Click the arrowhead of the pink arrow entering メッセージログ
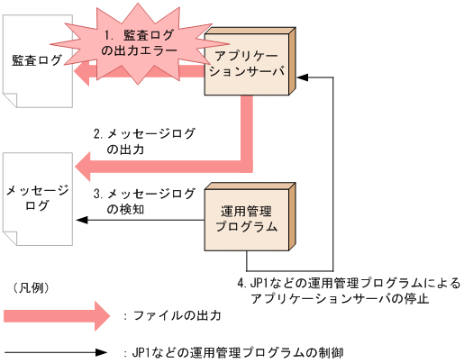point(86,166)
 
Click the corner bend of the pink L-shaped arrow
point(247,165)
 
